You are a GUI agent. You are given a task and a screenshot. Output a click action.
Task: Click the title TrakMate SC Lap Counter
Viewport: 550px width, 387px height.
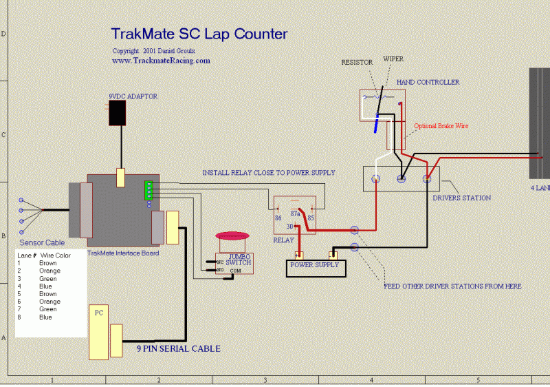(x=199, y=34)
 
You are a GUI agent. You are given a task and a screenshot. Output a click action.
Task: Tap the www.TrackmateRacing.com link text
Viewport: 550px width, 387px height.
(x=161, y=61)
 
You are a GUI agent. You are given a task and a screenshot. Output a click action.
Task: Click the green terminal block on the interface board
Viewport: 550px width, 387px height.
(x=148, y=191)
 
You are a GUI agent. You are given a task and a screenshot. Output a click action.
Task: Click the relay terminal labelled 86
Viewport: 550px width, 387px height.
(x=278, y=218)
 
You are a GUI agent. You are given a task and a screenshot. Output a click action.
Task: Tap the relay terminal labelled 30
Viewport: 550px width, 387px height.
(x=290, y=227)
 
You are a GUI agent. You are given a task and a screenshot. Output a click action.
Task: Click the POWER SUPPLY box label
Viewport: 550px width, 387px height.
(x=315, y=264)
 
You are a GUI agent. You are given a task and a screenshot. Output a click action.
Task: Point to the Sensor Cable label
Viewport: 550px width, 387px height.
(x=42, y=243)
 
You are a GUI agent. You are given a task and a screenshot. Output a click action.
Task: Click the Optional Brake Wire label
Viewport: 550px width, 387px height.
(x=441, y=126)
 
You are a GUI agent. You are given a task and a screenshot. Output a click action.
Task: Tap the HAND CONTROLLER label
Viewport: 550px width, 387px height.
(x=428, y=83)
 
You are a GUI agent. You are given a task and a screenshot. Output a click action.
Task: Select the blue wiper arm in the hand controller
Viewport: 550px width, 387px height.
(x=377, y=121)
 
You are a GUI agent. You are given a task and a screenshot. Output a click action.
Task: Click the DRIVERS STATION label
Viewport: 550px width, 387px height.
(x=461, y=198)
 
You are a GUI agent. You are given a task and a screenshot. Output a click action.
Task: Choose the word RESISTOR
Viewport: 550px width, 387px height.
(x=357, y=63)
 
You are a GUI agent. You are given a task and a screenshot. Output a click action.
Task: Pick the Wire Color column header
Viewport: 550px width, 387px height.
(x=56, y=255)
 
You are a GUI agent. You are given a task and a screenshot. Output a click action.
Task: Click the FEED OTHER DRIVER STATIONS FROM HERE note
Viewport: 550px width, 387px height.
(x=452, y=286)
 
